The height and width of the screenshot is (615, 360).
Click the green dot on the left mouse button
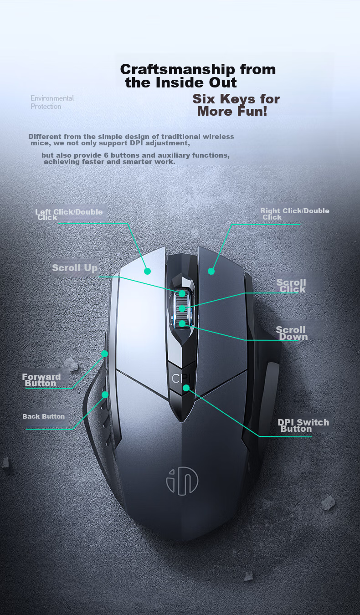tap(148, 271)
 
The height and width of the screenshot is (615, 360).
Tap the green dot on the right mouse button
tap(211, 271)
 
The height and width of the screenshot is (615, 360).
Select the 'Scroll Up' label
tap(75, 268)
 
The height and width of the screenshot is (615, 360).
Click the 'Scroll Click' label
tap(291, 286)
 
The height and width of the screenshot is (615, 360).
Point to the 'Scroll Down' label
tap(292, 333)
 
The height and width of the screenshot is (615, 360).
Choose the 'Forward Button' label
tap(41, 380)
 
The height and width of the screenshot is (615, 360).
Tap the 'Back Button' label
tap(44, 416)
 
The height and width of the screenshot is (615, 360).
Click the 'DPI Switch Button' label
tap(303, 425)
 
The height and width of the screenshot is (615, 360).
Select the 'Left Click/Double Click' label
tap(69, 215)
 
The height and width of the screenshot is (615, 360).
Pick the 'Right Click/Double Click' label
tap(295, 214)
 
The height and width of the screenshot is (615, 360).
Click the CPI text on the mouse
tap(181, 378)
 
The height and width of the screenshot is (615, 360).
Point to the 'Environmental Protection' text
tap(52, 102)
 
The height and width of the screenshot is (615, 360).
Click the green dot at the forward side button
tap(105, 354)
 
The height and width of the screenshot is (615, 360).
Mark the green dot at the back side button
tap(105, 395)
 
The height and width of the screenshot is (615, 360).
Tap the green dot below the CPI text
tap(186, 388)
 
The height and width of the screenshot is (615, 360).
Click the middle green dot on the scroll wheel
tap(182, 308)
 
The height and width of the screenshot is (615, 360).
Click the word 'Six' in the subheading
tap(204, 99)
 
